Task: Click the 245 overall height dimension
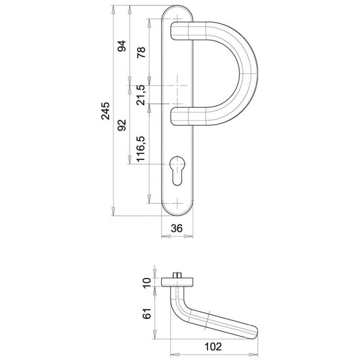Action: click(106, 111)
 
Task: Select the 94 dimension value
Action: click(121, 46)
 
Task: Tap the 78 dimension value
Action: click(140, 52)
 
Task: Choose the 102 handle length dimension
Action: click(215, 347)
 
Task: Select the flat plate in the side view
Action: click(177, 282)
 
